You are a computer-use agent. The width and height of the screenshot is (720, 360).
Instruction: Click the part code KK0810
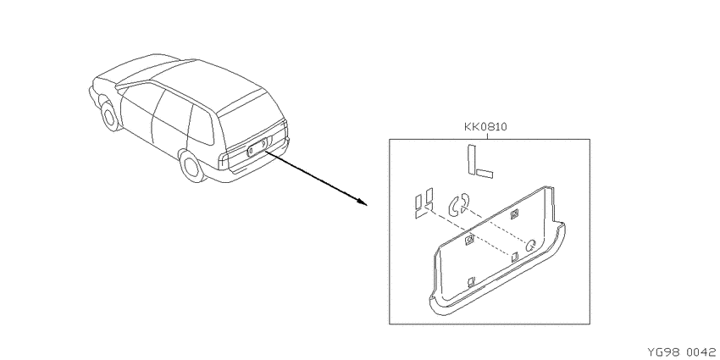click(x=486, y=126)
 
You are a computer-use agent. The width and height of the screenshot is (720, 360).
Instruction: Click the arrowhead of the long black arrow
click(x=362, y=202)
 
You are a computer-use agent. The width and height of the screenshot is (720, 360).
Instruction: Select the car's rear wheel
click(x=191, y=166)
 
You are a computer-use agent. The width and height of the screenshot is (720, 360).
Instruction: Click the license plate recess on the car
click(x=258, y=147)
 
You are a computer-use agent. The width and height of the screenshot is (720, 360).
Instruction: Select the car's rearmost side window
click(x=201, y=123)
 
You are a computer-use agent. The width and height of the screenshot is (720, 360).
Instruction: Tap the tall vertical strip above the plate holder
click(x=472, y=159)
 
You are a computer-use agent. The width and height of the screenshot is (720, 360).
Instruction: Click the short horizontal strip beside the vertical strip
click(x=485, y=173)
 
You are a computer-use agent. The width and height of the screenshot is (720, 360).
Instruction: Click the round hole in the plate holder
click(x=531, y=245)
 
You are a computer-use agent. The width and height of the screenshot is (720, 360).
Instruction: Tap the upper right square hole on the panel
click(x=514, y=213)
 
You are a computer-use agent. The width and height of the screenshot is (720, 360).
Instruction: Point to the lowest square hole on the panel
click(x=470, y=281)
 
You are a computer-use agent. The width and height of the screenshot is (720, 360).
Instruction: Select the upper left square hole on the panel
click(x=470, y=240)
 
